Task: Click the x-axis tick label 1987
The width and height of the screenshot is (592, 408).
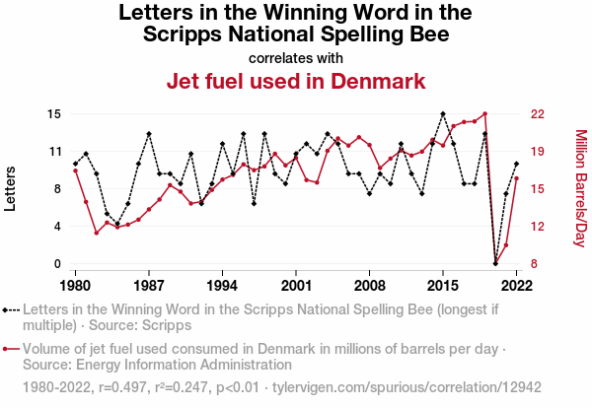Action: click(x=149, y=286)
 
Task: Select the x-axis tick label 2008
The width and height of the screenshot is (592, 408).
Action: click(x=369, y=286)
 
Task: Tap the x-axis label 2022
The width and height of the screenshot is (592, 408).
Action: click(x=516, y=286)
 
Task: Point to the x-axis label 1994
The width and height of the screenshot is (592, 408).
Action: click(x=222, y=286)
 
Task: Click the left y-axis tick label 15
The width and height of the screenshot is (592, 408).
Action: click(x=54, y=114)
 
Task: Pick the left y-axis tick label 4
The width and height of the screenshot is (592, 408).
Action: click(x=58, y=227)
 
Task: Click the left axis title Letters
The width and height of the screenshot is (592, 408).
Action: click(x=12, y=189)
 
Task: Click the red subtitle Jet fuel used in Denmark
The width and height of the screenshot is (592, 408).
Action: click(x=296, y=81)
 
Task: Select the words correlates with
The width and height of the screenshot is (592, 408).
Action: click(x=296, y=57)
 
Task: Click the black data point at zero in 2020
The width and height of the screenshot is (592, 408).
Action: click(x=495, y=263)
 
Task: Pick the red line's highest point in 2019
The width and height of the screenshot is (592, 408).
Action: click(x=484, y=113)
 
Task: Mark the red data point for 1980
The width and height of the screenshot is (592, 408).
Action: click(x=75, y=170)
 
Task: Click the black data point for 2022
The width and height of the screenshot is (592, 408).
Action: click(x=516, y=164)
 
